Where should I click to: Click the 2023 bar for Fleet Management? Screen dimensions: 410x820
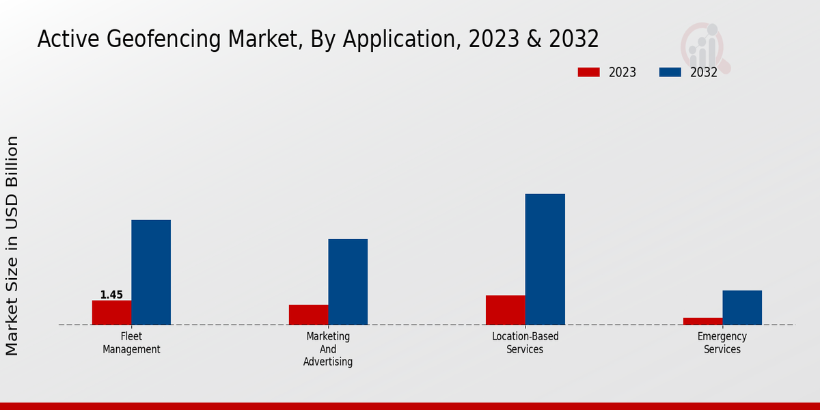pos(111,312)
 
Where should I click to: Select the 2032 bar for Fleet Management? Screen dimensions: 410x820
pos(151,272)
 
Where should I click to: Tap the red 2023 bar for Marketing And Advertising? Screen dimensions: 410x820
pos(308,314)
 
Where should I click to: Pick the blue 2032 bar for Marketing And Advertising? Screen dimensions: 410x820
pos(348,282)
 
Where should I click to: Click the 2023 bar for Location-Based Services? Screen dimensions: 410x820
pos(506,310)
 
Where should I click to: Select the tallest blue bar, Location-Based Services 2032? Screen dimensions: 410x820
pos(545,259)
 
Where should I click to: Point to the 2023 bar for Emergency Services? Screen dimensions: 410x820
pos(702,321)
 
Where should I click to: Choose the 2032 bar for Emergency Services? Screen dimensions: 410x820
pos(742,307)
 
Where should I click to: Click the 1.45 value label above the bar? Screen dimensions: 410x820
pos(111,295)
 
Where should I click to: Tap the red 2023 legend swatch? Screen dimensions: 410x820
pos(588,72)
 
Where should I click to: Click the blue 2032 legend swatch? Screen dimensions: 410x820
pos(670,72)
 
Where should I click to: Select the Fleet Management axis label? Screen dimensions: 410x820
pos(131,343)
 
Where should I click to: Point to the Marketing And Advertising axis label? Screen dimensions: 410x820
pos(328,348)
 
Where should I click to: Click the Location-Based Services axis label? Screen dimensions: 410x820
pos(525,343)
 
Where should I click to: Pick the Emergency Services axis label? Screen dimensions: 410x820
pos(722,343)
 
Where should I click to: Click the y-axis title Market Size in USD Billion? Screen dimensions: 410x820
pos(12,246)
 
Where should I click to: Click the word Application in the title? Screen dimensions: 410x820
pos(398,40)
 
